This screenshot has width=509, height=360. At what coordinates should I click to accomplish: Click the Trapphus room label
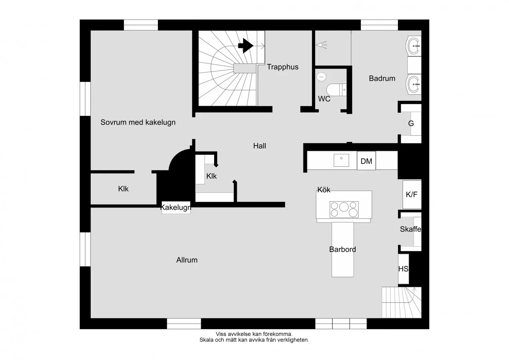[x=282, y=67]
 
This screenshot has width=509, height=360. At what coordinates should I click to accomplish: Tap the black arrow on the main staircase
[x=246, y=46]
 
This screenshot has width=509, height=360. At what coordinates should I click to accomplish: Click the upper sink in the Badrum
[x=414, y=46]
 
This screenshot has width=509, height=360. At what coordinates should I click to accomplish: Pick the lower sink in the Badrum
[x=414, y=84]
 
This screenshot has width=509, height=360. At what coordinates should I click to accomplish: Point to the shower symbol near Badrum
[x=321, y=45]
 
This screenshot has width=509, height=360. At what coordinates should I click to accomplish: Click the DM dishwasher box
[x=366, y=161]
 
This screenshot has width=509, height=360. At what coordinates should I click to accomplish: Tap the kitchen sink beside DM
[x=341, y=160]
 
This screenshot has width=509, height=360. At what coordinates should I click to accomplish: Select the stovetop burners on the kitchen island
[x=344, y=209]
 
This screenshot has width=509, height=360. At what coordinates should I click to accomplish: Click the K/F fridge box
[x=412, y=195]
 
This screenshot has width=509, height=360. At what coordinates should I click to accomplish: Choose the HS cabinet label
[x=403, y=269]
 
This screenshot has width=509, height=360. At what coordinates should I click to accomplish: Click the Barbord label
[x=342, y=249]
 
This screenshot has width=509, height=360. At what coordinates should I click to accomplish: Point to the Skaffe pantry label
[x=410, y=229]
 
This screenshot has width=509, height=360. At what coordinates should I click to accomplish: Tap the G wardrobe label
[x=411, y=124]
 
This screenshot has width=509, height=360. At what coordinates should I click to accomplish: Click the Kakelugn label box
[x=176, y=208]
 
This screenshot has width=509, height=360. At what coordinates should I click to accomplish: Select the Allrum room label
[x=187, y=260]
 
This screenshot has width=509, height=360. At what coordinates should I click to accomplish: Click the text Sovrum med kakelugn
[x=138, y=122]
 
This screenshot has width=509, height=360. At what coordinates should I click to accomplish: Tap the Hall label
[x=260, y=146]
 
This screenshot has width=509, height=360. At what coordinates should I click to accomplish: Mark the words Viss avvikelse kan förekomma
[x=254, y=334]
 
